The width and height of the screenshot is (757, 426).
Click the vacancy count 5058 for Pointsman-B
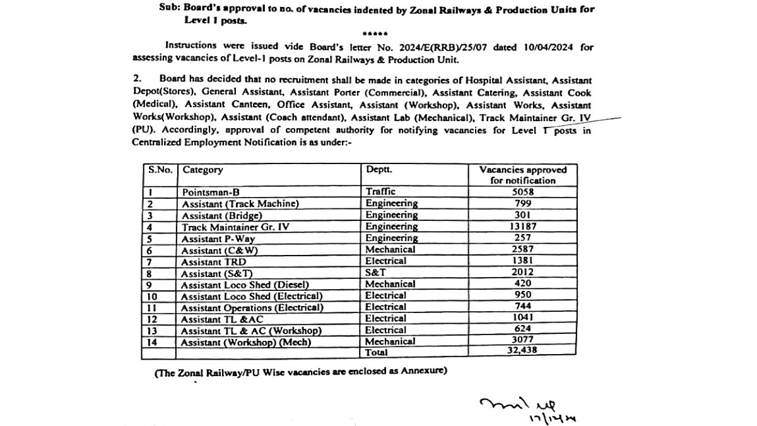click(523, 192)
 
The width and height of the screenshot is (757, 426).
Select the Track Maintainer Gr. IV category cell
click(235, 227)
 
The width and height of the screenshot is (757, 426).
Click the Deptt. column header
click(379, 170)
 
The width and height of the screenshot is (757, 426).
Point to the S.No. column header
click(160, 170)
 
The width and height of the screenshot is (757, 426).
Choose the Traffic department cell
click(380, 192)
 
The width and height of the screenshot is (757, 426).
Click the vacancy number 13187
click(523, 227)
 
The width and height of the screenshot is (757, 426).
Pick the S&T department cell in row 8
click(376, 272)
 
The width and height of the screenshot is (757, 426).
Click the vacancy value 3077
click(523, 341)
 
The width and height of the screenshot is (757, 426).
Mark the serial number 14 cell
click(151, 342)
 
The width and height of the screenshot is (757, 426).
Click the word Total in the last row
click(378, 352)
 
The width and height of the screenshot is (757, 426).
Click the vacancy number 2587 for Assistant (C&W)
click(523, 249)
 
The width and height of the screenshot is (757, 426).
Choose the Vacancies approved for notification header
click(523, 175)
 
